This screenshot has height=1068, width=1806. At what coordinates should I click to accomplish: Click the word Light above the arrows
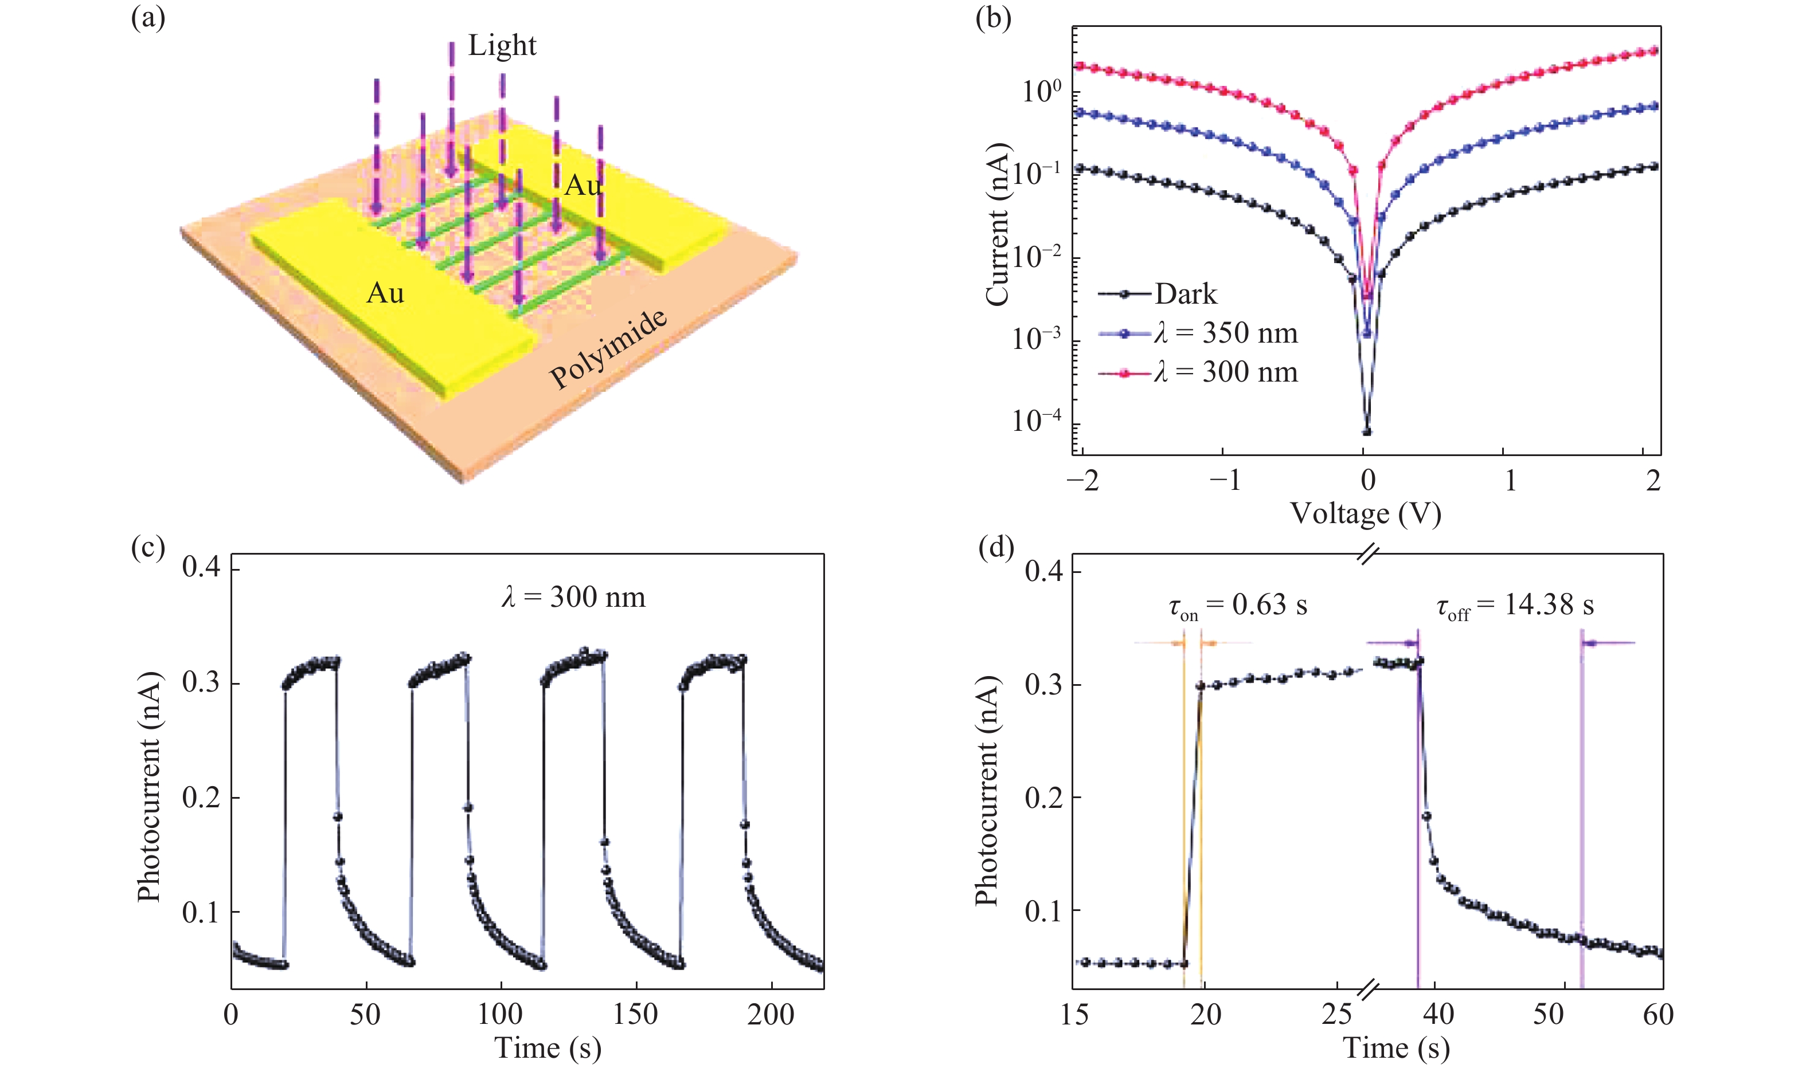coord(502,45)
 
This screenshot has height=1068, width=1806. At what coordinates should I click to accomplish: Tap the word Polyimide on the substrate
coord(608,349)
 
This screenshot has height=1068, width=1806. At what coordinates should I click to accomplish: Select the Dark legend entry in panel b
coord(1185,293)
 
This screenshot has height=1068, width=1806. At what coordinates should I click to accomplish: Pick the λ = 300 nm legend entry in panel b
coord(1225,372)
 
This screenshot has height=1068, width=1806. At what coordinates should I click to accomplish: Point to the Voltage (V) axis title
coord(1365,514)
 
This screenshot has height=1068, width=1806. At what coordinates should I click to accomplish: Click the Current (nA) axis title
coord(998,225)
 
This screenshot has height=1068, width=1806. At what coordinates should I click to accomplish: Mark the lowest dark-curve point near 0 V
coord(1367,432)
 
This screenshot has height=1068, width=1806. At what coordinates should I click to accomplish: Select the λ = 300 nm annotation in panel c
coord(573,598)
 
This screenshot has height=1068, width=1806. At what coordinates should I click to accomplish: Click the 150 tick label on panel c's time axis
coord(635,1015)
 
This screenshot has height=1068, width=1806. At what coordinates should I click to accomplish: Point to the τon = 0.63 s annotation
coord(1237,606)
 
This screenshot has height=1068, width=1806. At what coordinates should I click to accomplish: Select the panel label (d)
coord(996,548)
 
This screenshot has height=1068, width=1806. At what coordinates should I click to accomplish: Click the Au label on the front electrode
coord(385,293)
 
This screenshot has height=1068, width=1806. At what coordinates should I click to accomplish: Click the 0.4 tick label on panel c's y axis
coord(202,568)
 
